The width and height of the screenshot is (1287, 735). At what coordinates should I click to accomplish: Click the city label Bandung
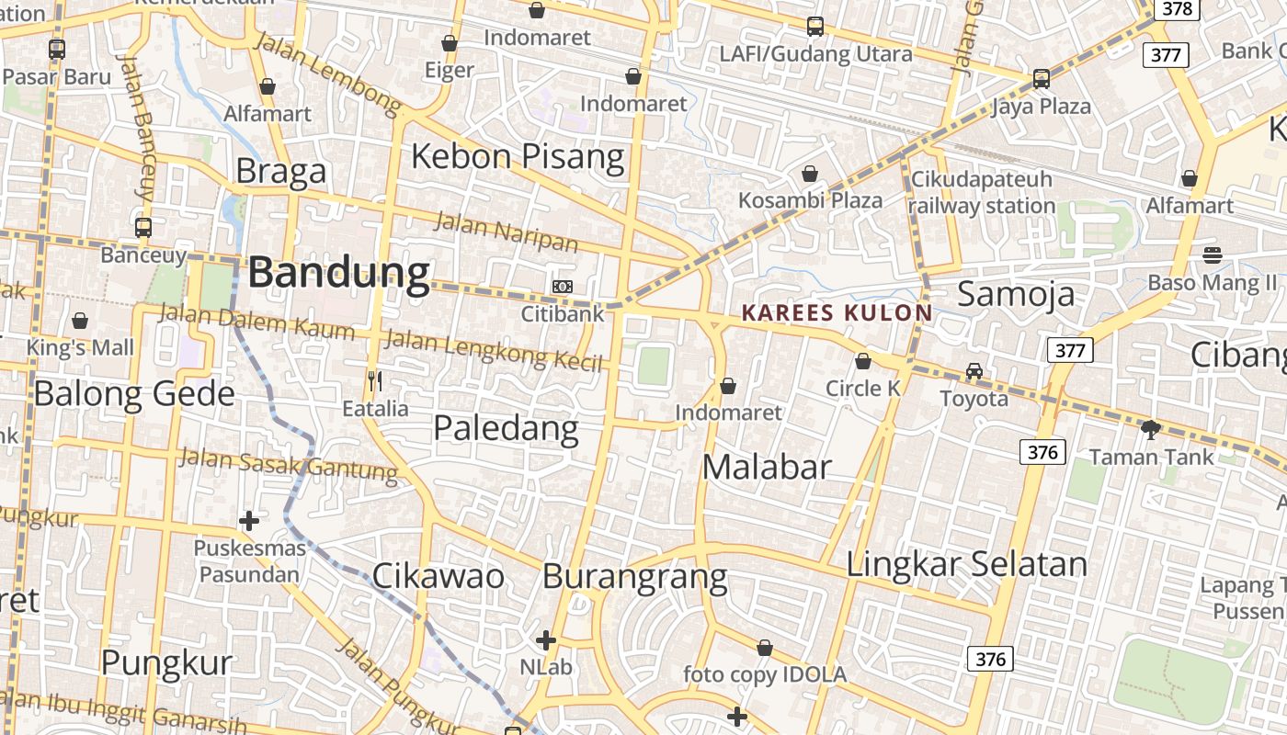[x=338, y=273]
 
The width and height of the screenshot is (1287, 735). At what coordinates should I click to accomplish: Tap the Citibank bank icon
[x=563, y=287]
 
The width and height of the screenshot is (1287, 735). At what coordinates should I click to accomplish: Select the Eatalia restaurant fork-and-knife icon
[x=374, y=380]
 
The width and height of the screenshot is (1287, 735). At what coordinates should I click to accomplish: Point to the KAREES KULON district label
[x=837, y=313]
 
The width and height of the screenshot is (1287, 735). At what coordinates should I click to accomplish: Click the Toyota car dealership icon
[x=974, y=372]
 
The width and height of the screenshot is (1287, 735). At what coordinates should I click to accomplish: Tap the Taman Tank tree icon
[x=1150, y=429]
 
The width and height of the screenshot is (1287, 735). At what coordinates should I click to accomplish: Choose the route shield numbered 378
[x=1178, y=9]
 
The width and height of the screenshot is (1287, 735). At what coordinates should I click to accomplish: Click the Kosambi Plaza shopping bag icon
[x=810, y=174]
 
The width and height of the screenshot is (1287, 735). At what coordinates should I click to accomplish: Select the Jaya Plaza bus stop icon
[x=1042, y=79]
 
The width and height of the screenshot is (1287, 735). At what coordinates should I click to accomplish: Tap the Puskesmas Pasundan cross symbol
[x=248, y=521]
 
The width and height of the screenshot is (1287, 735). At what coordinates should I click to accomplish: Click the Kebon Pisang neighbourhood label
[x=518, y=156]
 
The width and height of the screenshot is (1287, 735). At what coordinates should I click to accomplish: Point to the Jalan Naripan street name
[x=506, y=232]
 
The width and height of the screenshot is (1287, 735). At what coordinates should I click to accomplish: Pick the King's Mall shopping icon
[x=80, y=321]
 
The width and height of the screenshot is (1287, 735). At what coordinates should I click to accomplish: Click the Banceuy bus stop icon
[x=143, y=227]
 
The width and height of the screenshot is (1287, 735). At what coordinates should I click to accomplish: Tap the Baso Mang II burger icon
[x=1213, y=254]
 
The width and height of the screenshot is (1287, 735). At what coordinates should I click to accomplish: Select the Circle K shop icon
[x=863, y=361]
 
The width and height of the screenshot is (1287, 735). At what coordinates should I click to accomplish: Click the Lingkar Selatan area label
[x=966, y=563]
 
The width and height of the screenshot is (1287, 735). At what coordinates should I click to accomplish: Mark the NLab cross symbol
[x=546, y=639]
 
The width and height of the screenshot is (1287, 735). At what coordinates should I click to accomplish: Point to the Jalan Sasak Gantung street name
[x=288, y=464]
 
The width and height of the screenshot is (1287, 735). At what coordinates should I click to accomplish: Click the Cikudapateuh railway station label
[x=981, y=192]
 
